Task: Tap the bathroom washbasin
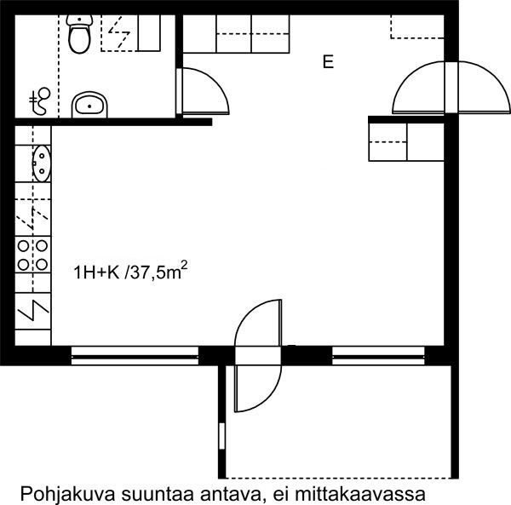pyautogui.click(x=89, y=105)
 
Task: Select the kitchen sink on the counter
pyautogui.click(x=42, y=164)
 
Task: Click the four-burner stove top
pyautogui.click(x=32, y=255)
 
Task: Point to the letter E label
pyautogui.click(x=328, y=62)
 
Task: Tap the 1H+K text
pyautogui.click(x=97, y=273)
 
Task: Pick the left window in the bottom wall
pyautogui.click(x=135, y=355)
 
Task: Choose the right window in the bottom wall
pyautogui.click(x=378, y=355)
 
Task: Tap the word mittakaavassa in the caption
pyautogui.click(x=360, y=494)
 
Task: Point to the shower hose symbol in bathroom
pyautogui.click(x=40, y=101)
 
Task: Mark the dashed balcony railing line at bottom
pyautogui.click(x=338, y=478)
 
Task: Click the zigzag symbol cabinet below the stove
pyautogui.click(x=32, y=311)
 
